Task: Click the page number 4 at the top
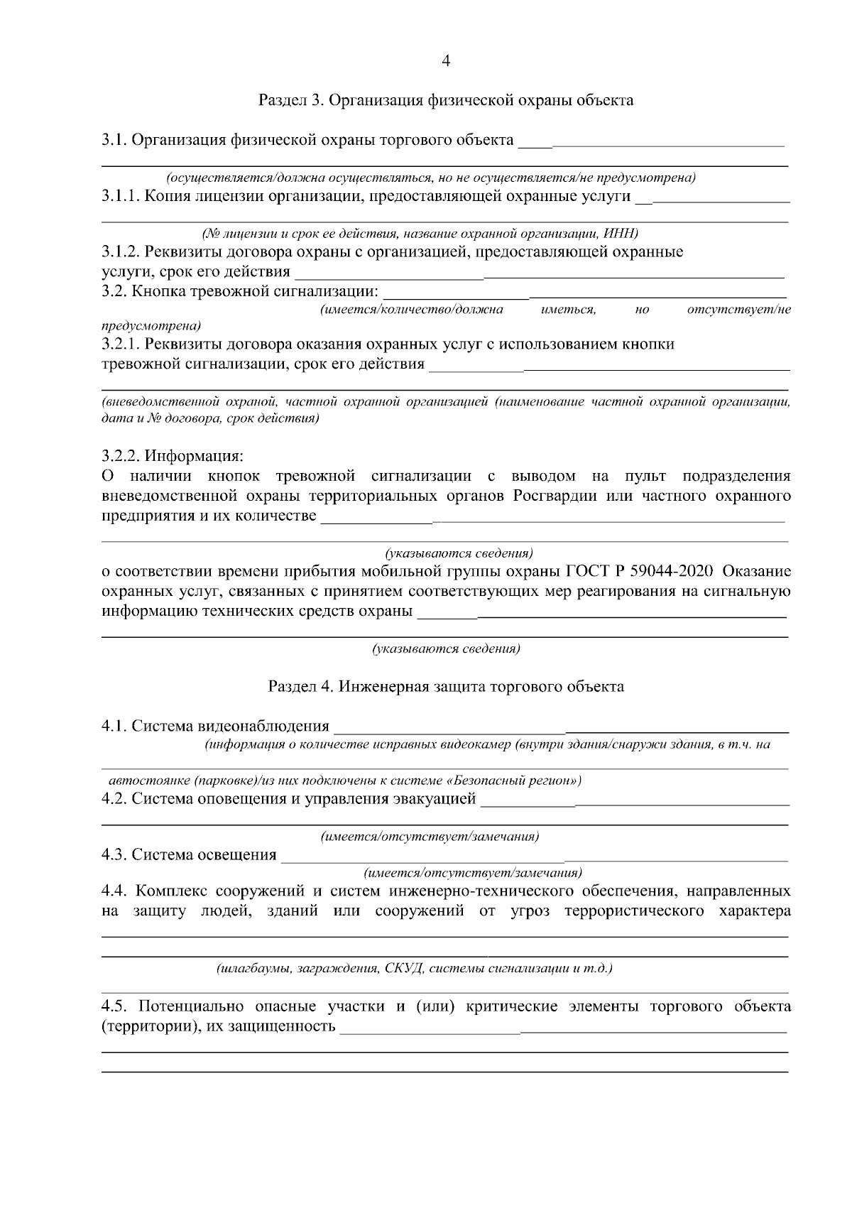(446, 61)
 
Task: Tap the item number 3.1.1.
(121, 196)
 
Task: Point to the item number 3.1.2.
(121, 252)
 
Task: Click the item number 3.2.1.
(121, 344)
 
